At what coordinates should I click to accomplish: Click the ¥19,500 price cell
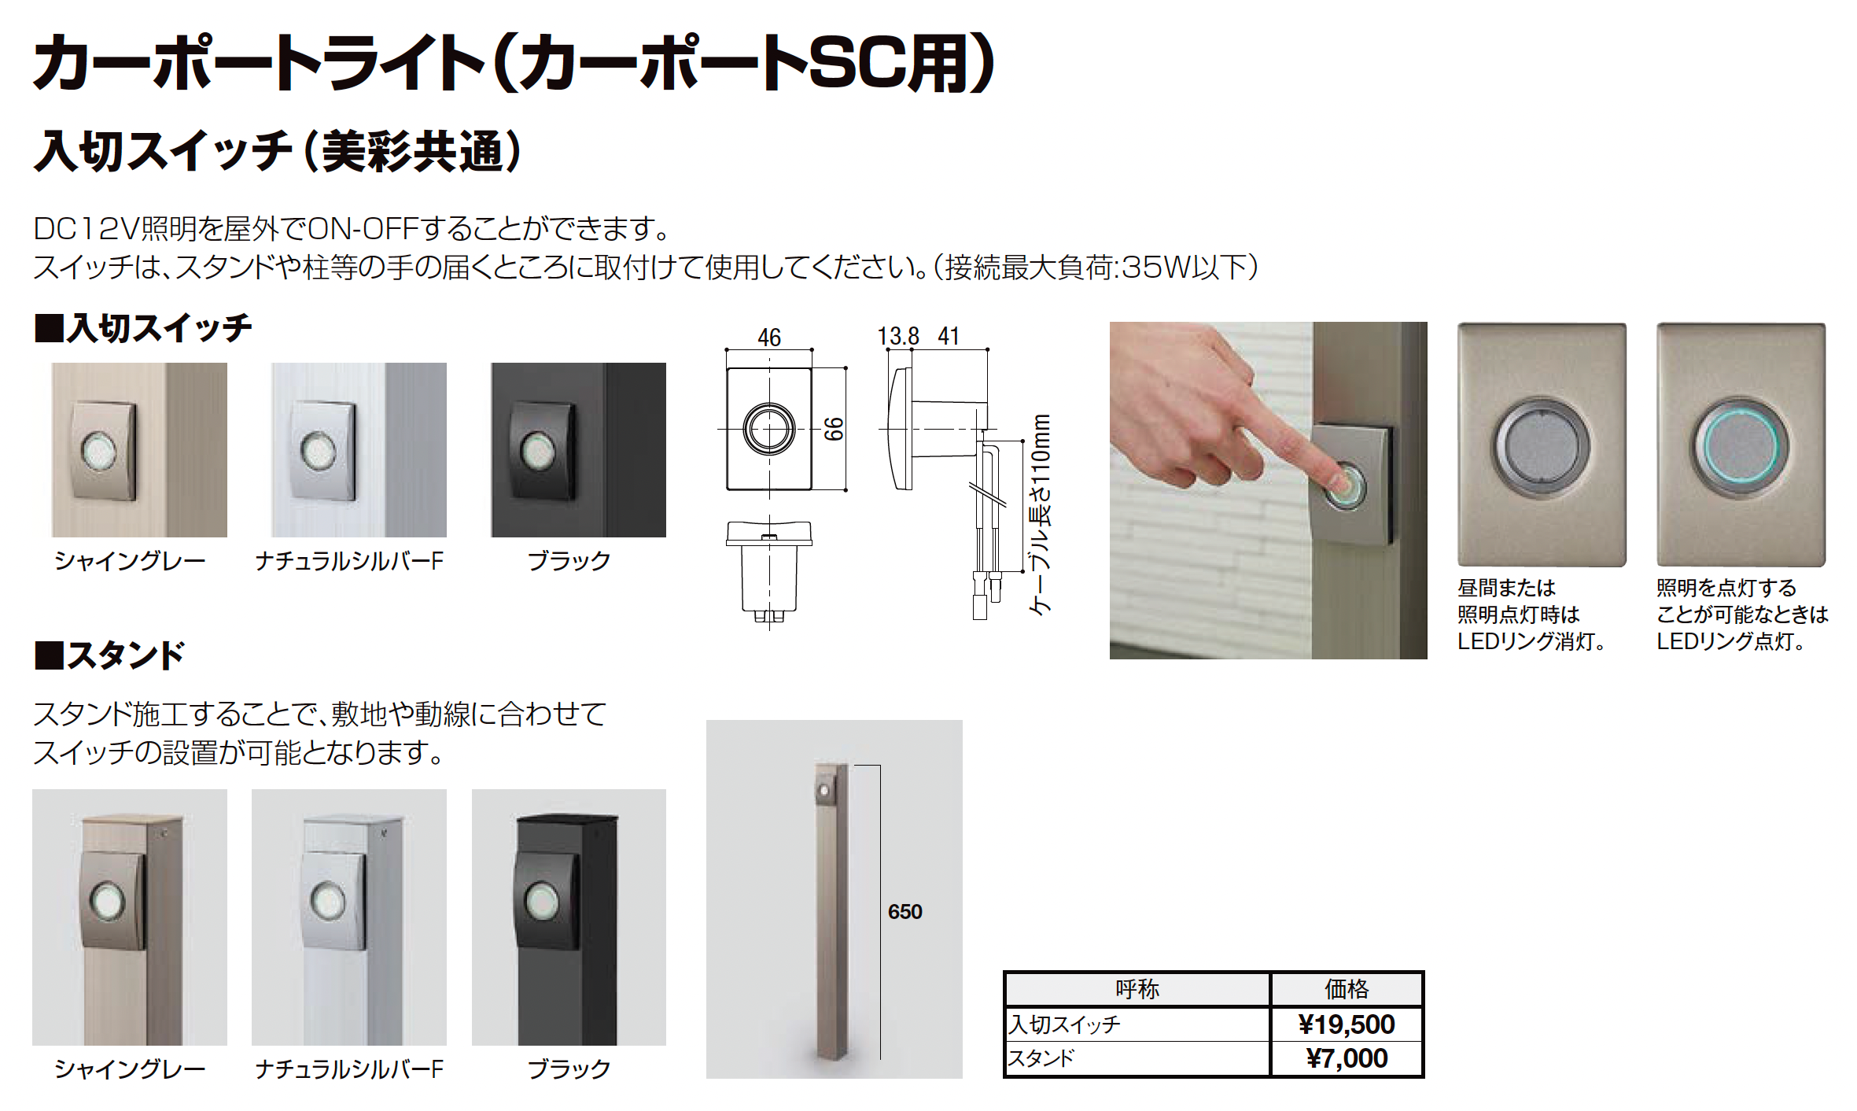(1347, 1024)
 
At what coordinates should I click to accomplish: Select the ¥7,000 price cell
(1347, 1058)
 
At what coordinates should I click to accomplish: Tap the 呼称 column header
(1137, 989)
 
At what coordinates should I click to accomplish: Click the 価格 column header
(1347, 989)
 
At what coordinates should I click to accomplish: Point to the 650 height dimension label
(905, 912)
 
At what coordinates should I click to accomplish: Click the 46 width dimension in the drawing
(769, 338)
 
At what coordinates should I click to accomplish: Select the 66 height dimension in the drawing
(834, 429)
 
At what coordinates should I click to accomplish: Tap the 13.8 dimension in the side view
(898, 337)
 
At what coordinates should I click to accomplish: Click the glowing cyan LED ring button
(1741, 445)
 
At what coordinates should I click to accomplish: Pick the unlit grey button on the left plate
(1542, 446)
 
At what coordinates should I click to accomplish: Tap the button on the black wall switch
(537, 452)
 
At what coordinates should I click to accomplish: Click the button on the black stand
(541, 902)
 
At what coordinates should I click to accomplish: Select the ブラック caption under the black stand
(569, 1069)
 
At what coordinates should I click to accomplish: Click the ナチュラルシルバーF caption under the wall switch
(349, 561)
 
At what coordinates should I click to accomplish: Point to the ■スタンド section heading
(109, 655)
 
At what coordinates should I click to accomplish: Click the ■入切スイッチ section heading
(143, 327)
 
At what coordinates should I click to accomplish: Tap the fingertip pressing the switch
(1339, 482)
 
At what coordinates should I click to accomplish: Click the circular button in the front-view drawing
(769, 429)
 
